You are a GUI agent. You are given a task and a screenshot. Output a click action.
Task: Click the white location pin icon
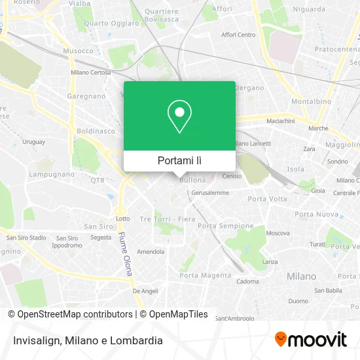179,117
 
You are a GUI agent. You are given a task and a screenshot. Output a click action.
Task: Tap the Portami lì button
179,160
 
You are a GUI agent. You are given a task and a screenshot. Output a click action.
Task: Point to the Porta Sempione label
225,226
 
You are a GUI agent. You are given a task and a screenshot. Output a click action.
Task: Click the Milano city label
301,276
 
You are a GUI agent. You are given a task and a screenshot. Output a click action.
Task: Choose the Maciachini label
280,121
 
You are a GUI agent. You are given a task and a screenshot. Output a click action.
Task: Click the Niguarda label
309,9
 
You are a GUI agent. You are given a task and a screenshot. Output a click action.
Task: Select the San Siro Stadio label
26,237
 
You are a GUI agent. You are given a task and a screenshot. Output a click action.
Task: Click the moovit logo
310,339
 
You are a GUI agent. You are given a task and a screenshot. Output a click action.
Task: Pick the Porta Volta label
267,199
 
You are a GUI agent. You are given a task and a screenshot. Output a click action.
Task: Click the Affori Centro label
238,35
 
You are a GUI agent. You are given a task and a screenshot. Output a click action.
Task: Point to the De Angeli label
145,290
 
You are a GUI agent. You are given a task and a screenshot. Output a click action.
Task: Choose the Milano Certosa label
90,73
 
